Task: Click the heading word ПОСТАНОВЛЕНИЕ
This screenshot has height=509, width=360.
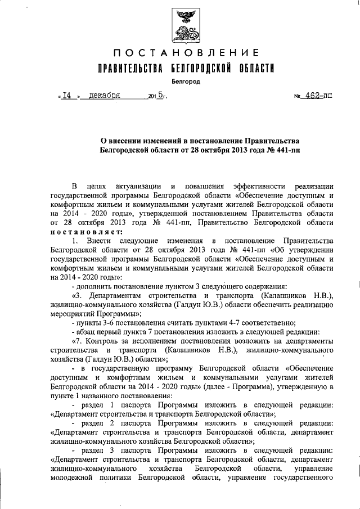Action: [186, 53]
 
